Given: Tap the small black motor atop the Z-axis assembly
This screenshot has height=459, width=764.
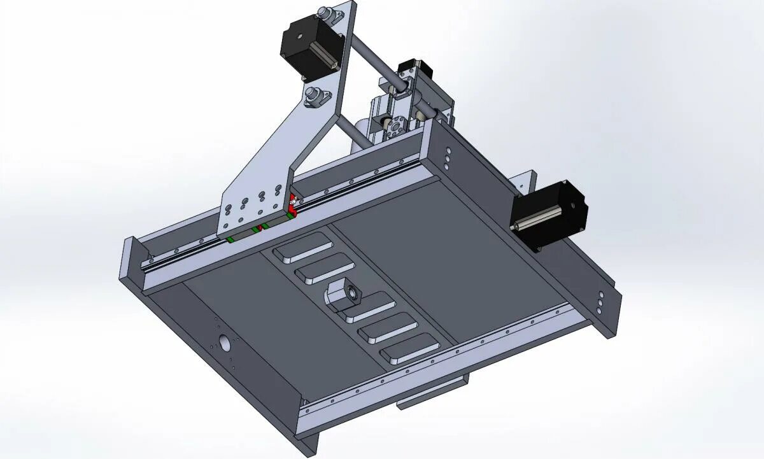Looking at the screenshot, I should (408, 67).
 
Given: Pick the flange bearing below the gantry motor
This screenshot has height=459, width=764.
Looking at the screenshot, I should (314, 97).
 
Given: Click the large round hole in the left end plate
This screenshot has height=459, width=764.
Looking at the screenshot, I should (223, 342).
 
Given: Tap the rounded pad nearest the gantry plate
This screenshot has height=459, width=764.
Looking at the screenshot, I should (303, 246).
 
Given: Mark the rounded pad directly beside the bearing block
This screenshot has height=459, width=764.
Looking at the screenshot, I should (369, 308).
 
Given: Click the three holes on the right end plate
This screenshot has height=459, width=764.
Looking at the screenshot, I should (600, 302).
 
